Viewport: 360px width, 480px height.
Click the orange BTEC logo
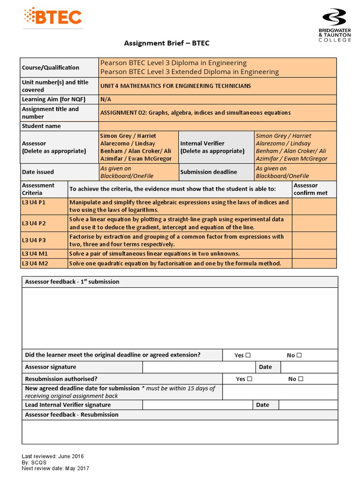pos(52,18)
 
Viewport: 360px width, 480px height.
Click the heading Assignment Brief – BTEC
pos(166,44)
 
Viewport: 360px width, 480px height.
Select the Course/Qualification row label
pos(51,67)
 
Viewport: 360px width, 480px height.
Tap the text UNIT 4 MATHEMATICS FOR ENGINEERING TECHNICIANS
pos(175,86)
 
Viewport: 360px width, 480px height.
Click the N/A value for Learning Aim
pos(105,99)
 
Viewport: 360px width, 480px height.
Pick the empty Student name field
pos(217,126)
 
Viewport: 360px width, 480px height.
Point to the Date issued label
pos(38,172)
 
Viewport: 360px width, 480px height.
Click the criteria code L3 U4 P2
pos(34,223)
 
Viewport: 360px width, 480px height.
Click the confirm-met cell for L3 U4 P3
pos(314,240)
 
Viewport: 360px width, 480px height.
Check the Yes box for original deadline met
pos(248,355)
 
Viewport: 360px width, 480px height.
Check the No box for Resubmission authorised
pos(300,379)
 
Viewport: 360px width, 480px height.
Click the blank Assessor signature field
pos(199,367)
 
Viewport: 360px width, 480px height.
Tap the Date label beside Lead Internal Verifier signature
pos(262,405)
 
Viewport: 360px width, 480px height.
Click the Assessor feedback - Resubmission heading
pos(72,415)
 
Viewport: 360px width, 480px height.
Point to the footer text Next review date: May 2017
pos(55,468)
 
